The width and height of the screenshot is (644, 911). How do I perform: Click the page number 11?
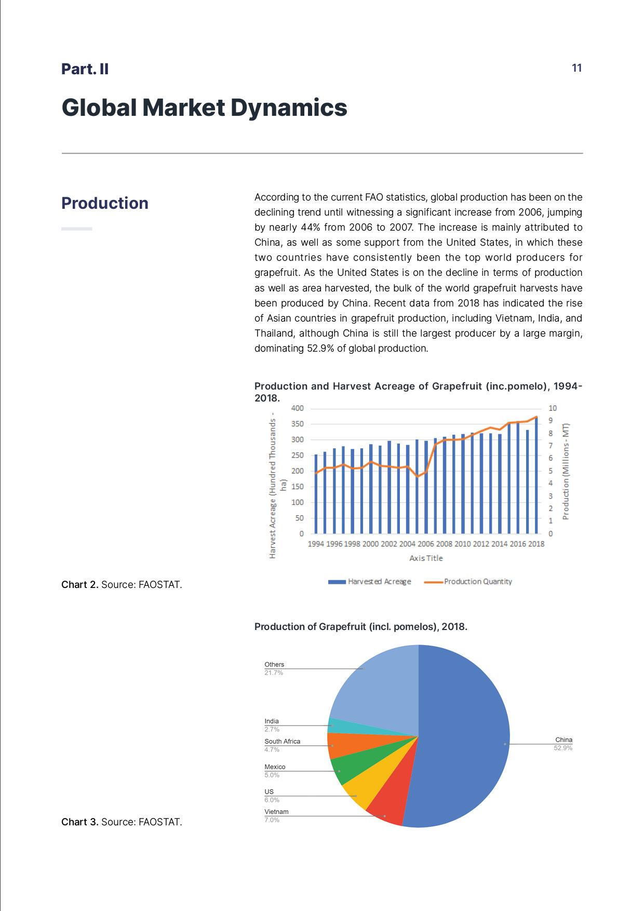576,68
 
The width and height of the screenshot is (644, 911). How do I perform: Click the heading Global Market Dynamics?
204,108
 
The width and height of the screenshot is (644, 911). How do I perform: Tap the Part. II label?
85,69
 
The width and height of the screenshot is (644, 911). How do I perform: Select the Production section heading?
104,203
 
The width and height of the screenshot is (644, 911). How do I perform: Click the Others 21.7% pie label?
274,668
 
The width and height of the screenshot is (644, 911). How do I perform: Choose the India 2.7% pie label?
272,725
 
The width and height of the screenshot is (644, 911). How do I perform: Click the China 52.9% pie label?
563,744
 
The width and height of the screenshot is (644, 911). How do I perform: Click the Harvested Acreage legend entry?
369,582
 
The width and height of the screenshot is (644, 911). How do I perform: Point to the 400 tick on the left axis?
297,408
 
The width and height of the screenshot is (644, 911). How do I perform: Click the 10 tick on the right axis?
552,408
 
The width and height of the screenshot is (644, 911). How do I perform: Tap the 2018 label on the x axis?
536,544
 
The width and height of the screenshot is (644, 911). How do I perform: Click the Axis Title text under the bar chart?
426,558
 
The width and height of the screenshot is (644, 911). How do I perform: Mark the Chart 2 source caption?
122,585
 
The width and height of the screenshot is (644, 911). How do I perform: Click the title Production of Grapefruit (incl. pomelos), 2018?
360,627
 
